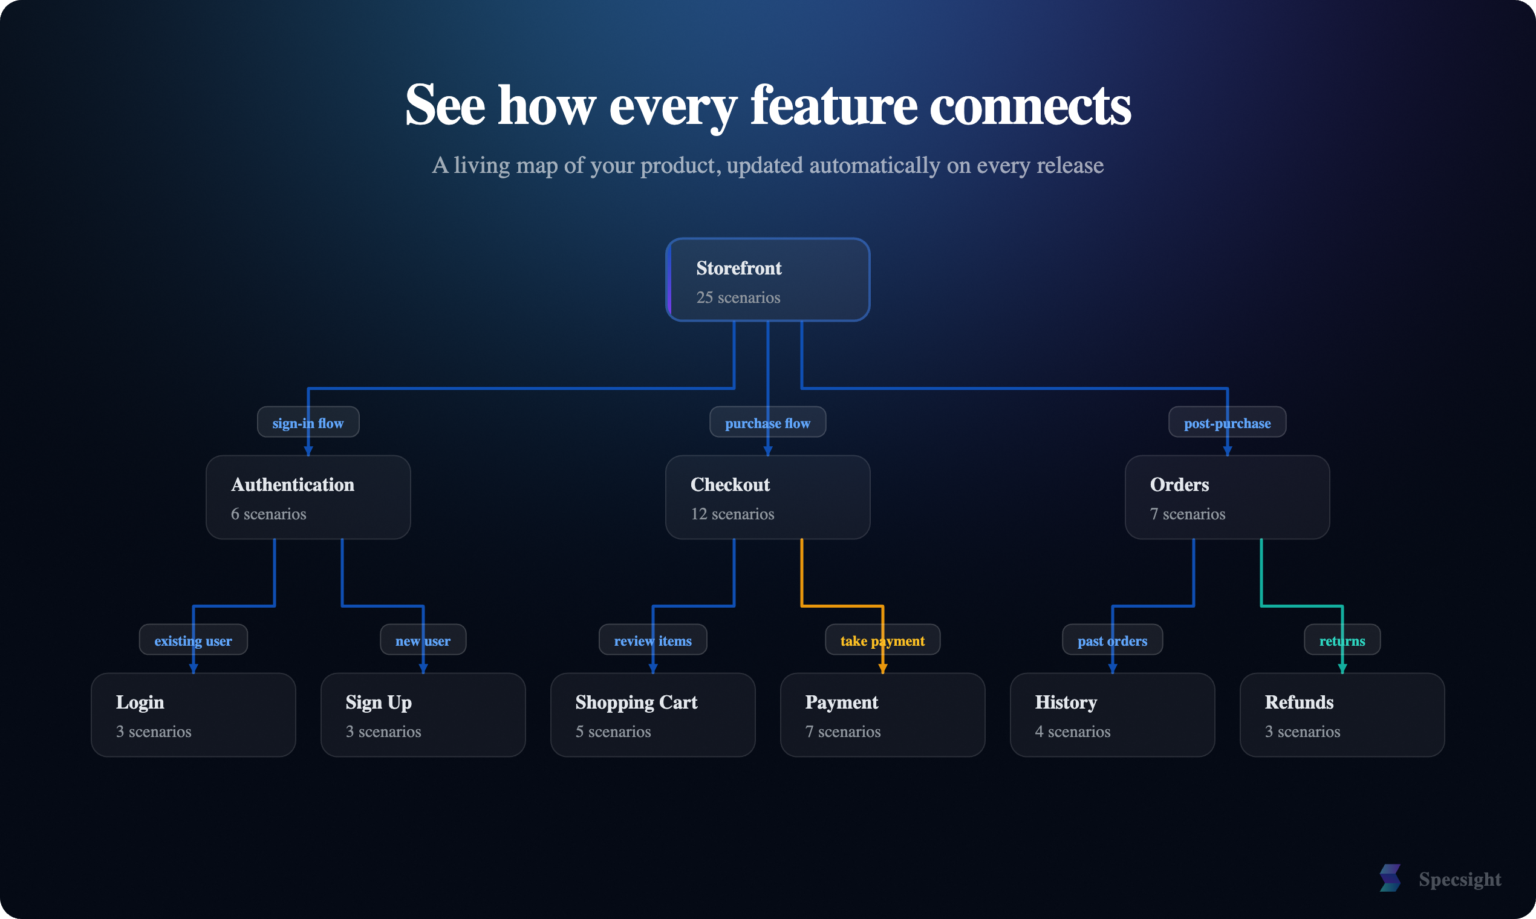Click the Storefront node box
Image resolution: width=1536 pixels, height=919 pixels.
coord(767,280)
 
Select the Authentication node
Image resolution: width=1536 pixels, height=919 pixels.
coord(308,497)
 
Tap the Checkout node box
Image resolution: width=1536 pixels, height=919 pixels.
coord(767,497)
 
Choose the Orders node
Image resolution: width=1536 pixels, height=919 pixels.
coord(1227,497)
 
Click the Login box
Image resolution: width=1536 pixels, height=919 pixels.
coord(194,715)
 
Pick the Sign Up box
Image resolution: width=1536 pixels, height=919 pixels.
coord(423,715)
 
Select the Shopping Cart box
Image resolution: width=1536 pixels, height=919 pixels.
coord(653,715)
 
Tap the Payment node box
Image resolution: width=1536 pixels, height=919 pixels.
coord(882,715)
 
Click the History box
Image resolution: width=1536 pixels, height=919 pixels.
coord(1112,715)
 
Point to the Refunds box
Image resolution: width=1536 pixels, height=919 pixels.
coord(1342,715)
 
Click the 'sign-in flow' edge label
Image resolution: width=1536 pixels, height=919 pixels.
coord(308,423)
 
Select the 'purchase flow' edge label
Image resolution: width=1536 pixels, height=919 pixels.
coord(767,423)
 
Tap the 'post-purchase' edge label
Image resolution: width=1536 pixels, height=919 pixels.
coord(1227,423)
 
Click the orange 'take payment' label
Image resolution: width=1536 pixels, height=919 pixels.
coord(882,640)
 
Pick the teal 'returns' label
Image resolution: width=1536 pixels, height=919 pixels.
coord(1342,640)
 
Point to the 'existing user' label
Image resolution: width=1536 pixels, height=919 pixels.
coord(194,640)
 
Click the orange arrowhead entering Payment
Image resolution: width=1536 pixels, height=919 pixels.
coord(882,669)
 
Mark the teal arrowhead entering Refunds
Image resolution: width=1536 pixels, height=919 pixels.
coord(1342,669)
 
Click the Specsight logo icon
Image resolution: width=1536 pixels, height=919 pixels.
coord(1390,878)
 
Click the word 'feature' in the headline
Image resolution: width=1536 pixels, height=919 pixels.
coord(833,105)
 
